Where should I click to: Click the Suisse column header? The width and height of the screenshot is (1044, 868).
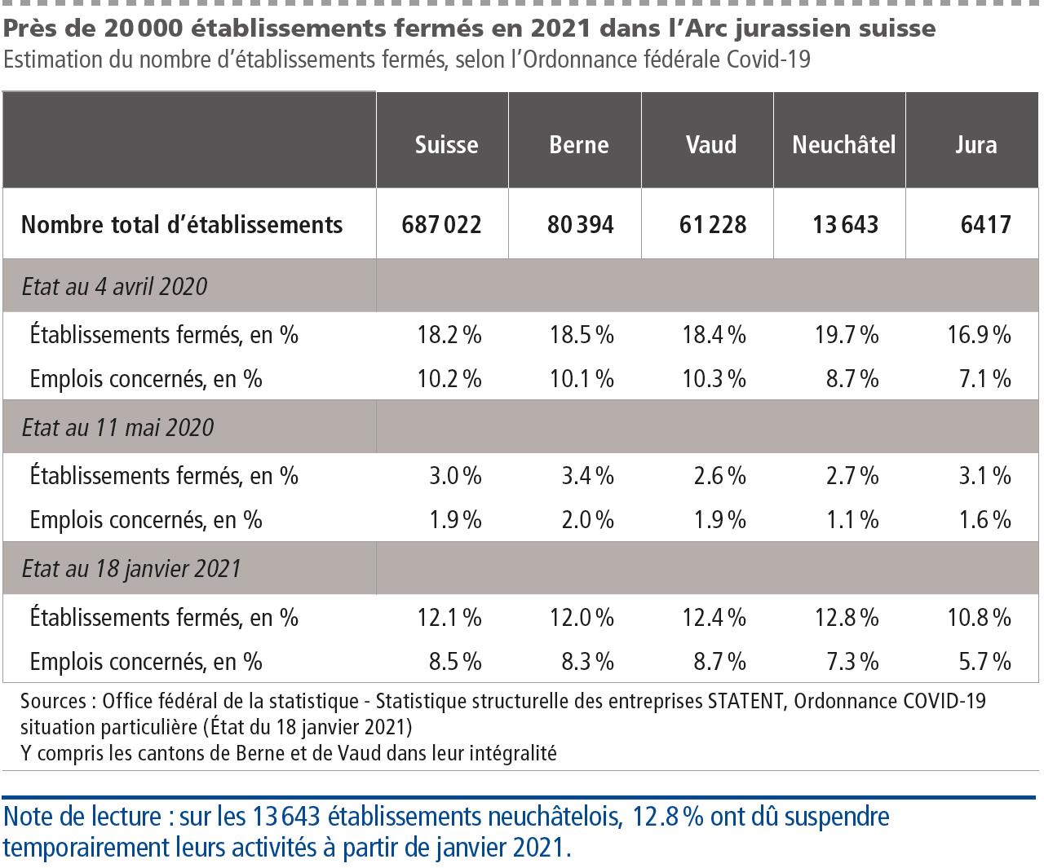coord(446,145)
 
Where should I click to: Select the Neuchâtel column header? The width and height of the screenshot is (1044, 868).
coord(843,145)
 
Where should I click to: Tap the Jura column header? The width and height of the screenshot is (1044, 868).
coord(975,145)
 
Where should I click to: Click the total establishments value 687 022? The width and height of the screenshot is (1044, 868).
coord(441,224)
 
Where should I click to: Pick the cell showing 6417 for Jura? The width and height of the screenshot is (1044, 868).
coord(985,224)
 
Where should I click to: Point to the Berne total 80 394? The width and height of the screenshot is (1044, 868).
coord(580,224)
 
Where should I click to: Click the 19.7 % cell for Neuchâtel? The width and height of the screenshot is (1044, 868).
coord(846,334)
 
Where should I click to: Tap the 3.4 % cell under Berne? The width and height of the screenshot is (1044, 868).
coord(586,475)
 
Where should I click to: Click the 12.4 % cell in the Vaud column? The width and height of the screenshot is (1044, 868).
coord(714,617)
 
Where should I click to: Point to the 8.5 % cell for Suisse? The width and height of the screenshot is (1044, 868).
coord(454,660)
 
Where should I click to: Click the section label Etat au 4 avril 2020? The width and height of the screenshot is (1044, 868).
coord(114,287)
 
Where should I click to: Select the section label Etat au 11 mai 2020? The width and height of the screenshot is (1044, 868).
coord(117,428)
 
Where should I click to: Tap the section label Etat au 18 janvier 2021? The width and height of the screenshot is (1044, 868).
coord(131,568)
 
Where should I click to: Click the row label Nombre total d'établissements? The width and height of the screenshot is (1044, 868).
coord(182,224)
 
